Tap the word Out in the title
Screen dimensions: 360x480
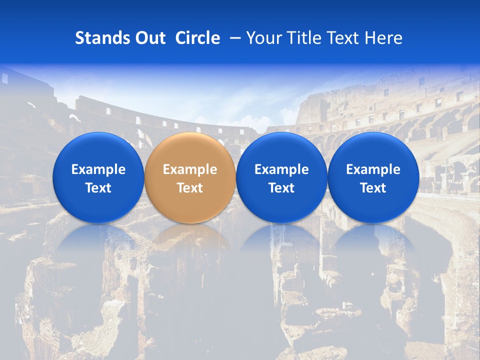148,38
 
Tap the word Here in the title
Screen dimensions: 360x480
383,38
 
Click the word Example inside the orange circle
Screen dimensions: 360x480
190,169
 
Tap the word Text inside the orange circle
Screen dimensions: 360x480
190,188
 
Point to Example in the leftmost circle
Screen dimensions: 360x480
98,169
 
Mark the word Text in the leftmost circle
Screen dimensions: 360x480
98,188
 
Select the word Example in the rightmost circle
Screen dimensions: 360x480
373,169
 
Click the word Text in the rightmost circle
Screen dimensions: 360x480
373,188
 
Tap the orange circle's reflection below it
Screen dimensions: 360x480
190,240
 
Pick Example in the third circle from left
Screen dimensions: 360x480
281,169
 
